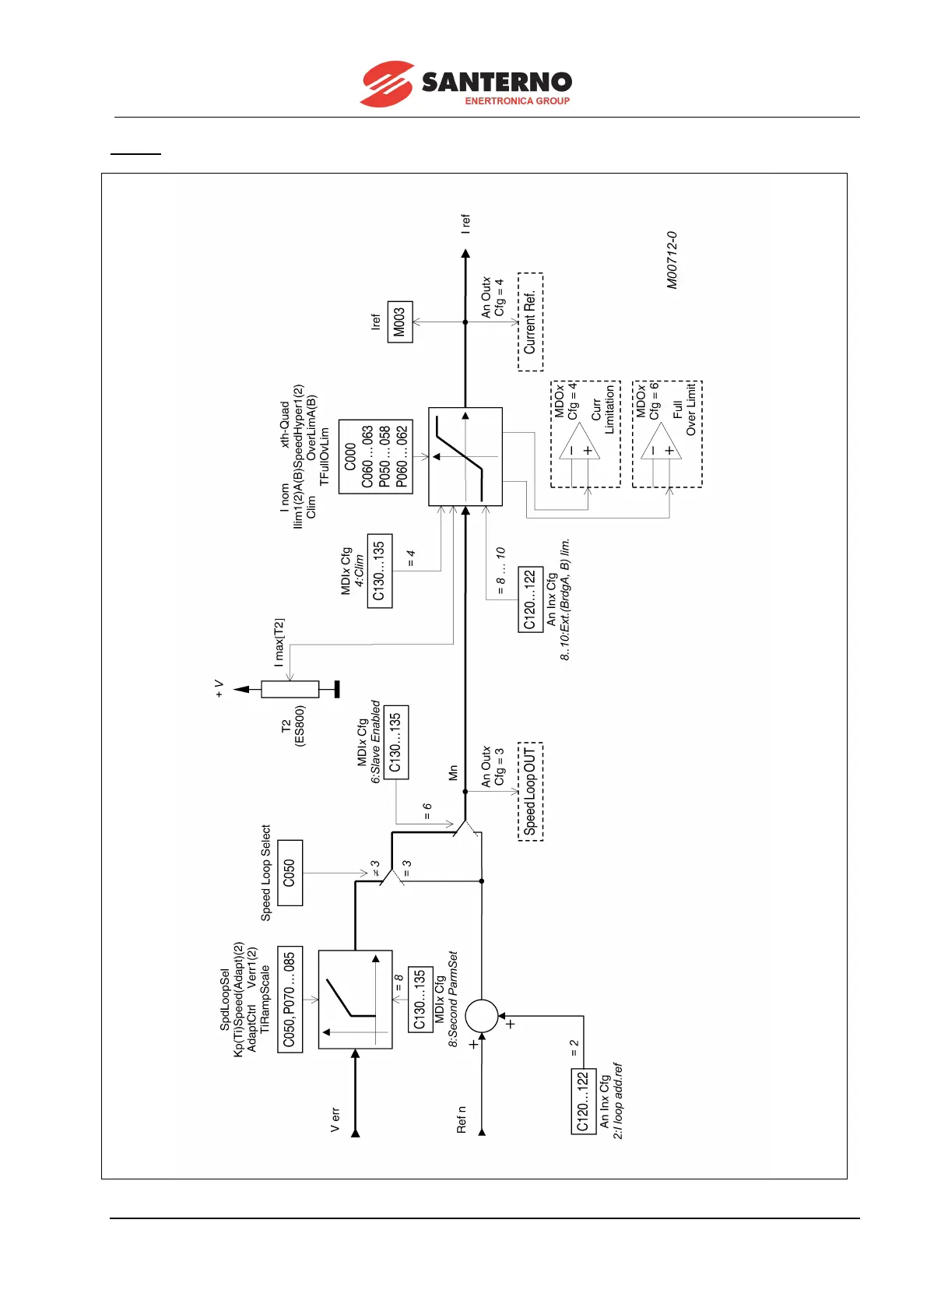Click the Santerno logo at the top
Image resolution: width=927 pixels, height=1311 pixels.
click(x=465, y=83)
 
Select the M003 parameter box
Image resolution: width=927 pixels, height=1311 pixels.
click(x=399, y=322)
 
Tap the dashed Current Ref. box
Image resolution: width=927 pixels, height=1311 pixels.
click(x=530, y=322)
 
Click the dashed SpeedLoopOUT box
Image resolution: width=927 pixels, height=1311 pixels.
click(x=530, y=791)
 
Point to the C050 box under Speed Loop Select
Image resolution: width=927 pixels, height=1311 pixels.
click(x=290, y=873)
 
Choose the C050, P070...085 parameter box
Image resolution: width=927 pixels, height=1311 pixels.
click(x=290, y=999)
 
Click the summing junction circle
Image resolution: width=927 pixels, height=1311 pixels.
click(x=481, y=1016)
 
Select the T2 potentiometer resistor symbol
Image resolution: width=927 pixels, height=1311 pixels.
click(x=290, y=689)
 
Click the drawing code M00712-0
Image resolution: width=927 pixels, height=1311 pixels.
click(x=672, y=260)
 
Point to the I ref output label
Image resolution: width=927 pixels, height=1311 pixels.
click(x=465, y=224)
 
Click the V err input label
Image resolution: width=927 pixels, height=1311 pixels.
click(x=335, y=1119)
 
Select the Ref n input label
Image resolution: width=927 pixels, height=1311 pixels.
click(x=462, y=1119)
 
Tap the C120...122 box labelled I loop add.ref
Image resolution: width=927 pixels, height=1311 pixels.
click(x=584, y=1101)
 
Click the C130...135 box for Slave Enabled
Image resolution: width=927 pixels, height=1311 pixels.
click(x=395, y=742)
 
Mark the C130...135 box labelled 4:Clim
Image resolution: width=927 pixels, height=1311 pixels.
click(x=379, y=571)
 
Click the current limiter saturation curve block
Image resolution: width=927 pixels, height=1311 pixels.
click(x=465, y=456)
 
